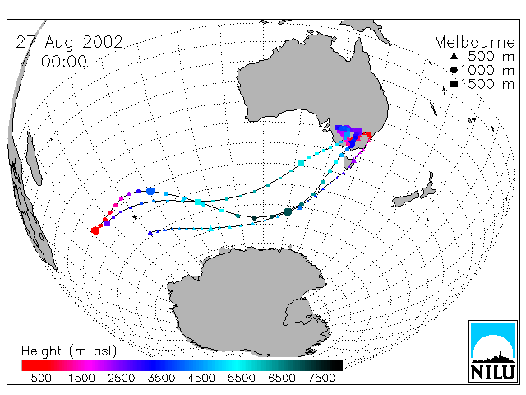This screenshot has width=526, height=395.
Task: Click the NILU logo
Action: coord(493,351)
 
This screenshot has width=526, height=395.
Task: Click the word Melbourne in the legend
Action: coord(474,42)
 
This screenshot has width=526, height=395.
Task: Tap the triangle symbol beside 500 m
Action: coord(454,57)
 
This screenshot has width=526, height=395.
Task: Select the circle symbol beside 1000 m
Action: coord(454,70)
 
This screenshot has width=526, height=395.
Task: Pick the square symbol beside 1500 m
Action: coord(454,84)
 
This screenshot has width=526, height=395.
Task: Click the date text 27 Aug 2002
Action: coord(69,42)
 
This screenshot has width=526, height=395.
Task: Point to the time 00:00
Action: coord(64,62)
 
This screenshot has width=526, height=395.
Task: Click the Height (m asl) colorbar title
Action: coord(69,351)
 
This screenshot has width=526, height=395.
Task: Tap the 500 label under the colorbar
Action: coord(41,378)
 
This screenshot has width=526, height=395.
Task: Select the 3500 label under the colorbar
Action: coord(161,378)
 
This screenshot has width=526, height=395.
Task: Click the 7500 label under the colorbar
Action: coord(321,378)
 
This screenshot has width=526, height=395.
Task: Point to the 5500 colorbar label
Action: coord(242,378)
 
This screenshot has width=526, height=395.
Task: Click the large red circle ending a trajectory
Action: coord(95,230)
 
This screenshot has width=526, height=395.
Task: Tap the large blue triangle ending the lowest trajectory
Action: coord(150,233)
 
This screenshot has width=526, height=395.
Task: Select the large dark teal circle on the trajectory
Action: coord(288,212)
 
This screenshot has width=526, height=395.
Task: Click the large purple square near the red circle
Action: coord(107,223)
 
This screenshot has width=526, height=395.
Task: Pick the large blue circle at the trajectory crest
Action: coord(150,191)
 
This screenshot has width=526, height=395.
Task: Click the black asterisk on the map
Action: coord(135,217)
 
